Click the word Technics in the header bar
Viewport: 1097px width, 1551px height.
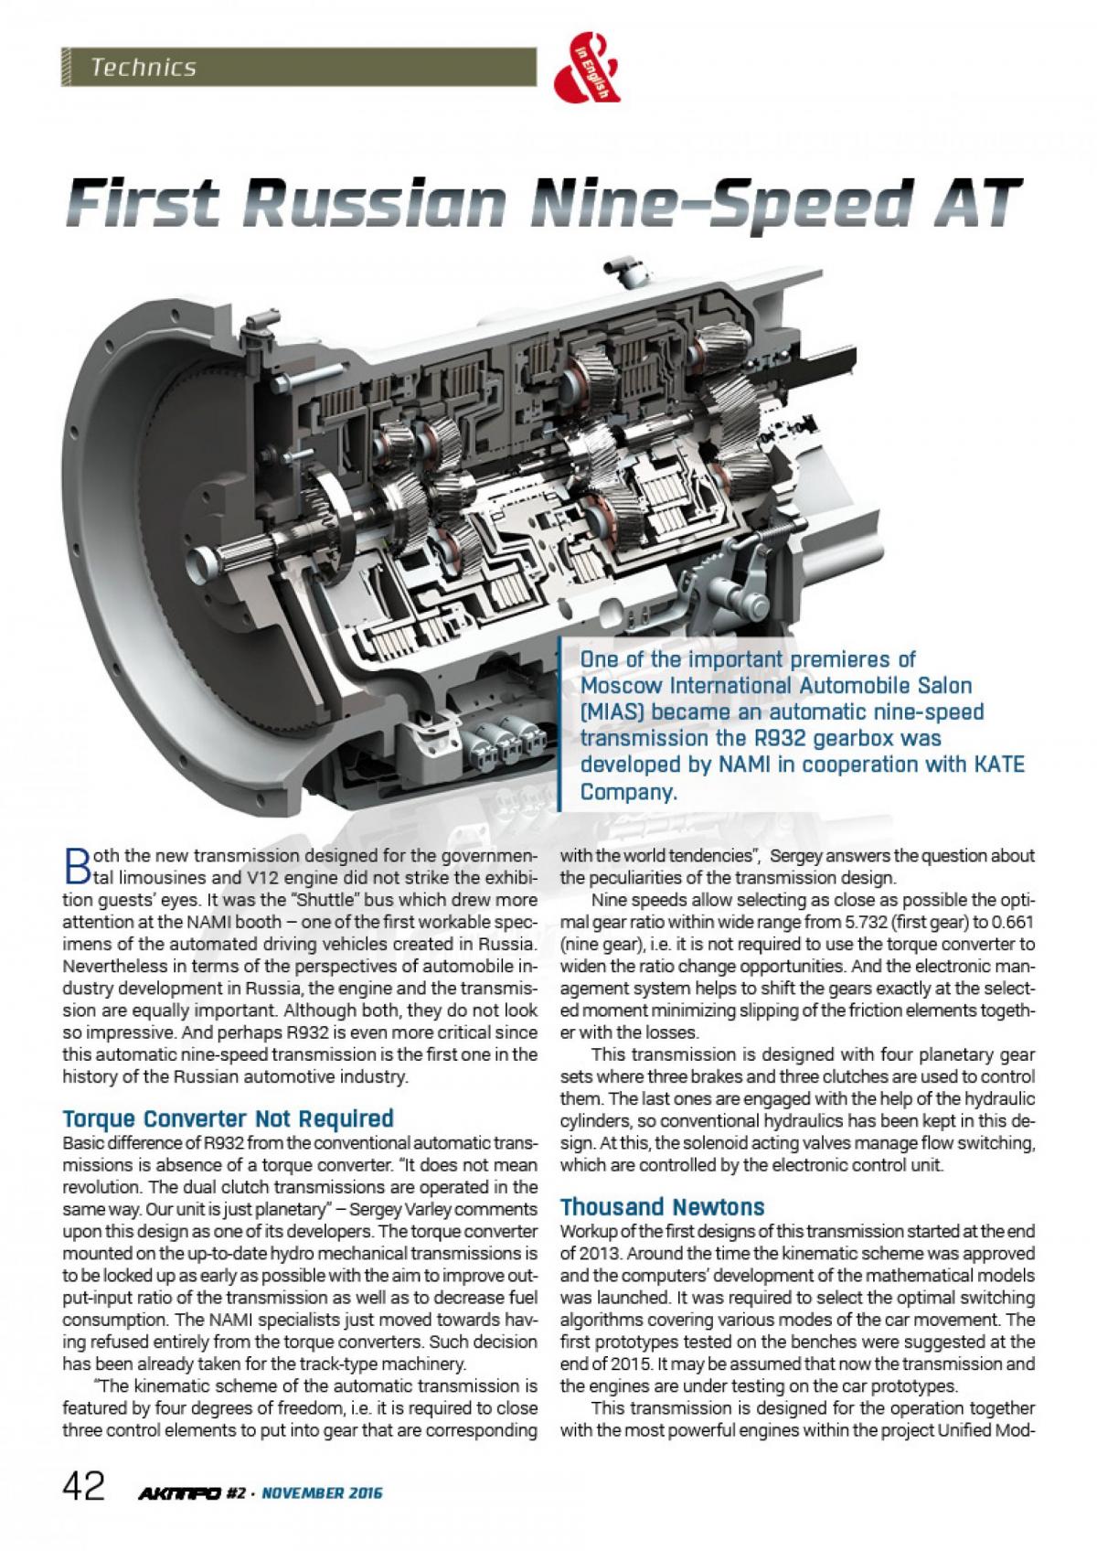144,67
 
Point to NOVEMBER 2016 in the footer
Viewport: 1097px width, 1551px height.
321,1493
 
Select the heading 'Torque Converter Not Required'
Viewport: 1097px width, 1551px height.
228,1118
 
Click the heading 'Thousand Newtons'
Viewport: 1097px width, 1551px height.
650,1205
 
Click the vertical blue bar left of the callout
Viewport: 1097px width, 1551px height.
560,722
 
